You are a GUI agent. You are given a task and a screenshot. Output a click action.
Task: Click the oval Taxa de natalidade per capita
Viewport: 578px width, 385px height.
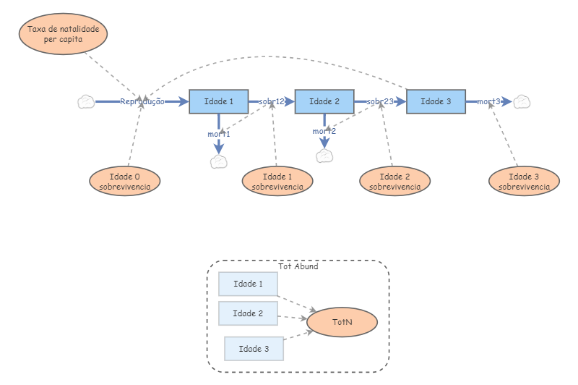tap(64, 34)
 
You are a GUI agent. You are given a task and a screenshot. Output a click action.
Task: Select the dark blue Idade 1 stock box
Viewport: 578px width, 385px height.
tap(219, 102)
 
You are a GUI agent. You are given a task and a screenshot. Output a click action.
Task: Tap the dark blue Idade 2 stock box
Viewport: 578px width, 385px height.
tap(324, 102)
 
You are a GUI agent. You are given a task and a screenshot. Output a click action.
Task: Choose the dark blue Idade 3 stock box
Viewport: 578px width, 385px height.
tap(436, 102)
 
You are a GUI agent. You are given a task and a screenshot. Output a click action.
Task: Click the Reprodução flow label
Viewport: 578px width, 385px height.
tap(142, 102)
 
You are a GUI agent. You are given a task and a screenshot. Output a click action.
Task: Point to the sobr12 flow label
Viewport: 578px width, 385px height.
tap(272, 102)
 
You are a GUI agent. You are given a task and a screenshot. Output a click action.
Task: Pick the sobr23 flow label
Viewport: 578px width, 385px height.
tap(380, 102)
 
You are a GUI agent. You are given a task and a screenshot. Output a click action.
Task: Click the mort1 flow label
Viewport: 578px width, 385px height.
tap(219, 134)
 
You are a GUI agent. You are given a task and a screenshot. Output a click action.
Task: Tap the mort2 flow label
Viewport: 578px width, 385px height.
tap(324, 131)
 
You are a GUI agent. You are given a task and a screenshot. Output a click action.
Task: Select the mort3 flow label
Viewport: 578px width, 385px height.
tap(489, 102)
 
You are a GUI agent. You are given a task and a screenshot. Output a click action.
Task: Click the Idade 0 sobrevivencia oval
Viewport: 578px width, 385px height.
tap(125, 181)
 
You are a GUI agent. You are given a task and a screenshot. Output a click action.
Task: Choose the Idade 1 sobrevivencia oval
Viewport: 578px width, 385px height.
tap(277, 181)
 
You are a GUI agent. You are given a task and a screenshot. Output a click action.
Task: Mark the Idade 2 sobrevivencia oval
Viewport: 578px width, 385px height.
tap(394, 181)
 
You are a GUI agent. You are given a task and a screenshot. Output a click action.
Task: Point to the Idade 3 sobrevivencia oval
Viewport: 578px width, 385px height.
tap(524, 181)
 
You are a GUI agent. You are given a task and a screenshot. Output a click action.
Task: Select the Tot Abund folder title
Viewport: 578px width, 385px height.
tap(298, 266)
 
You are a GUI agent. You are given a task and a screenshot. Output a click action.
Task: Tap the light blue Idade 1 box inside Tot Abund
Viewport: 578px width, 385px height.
tap(248, 284)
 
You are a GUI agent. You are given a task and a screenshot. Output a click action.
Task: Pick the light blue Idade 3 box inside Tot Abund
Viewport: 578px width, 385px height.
tap(254, 349)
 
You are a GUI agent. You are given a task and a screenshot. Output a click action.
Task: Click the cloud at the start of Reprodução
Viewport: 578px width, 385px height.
tap(86, 102)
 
